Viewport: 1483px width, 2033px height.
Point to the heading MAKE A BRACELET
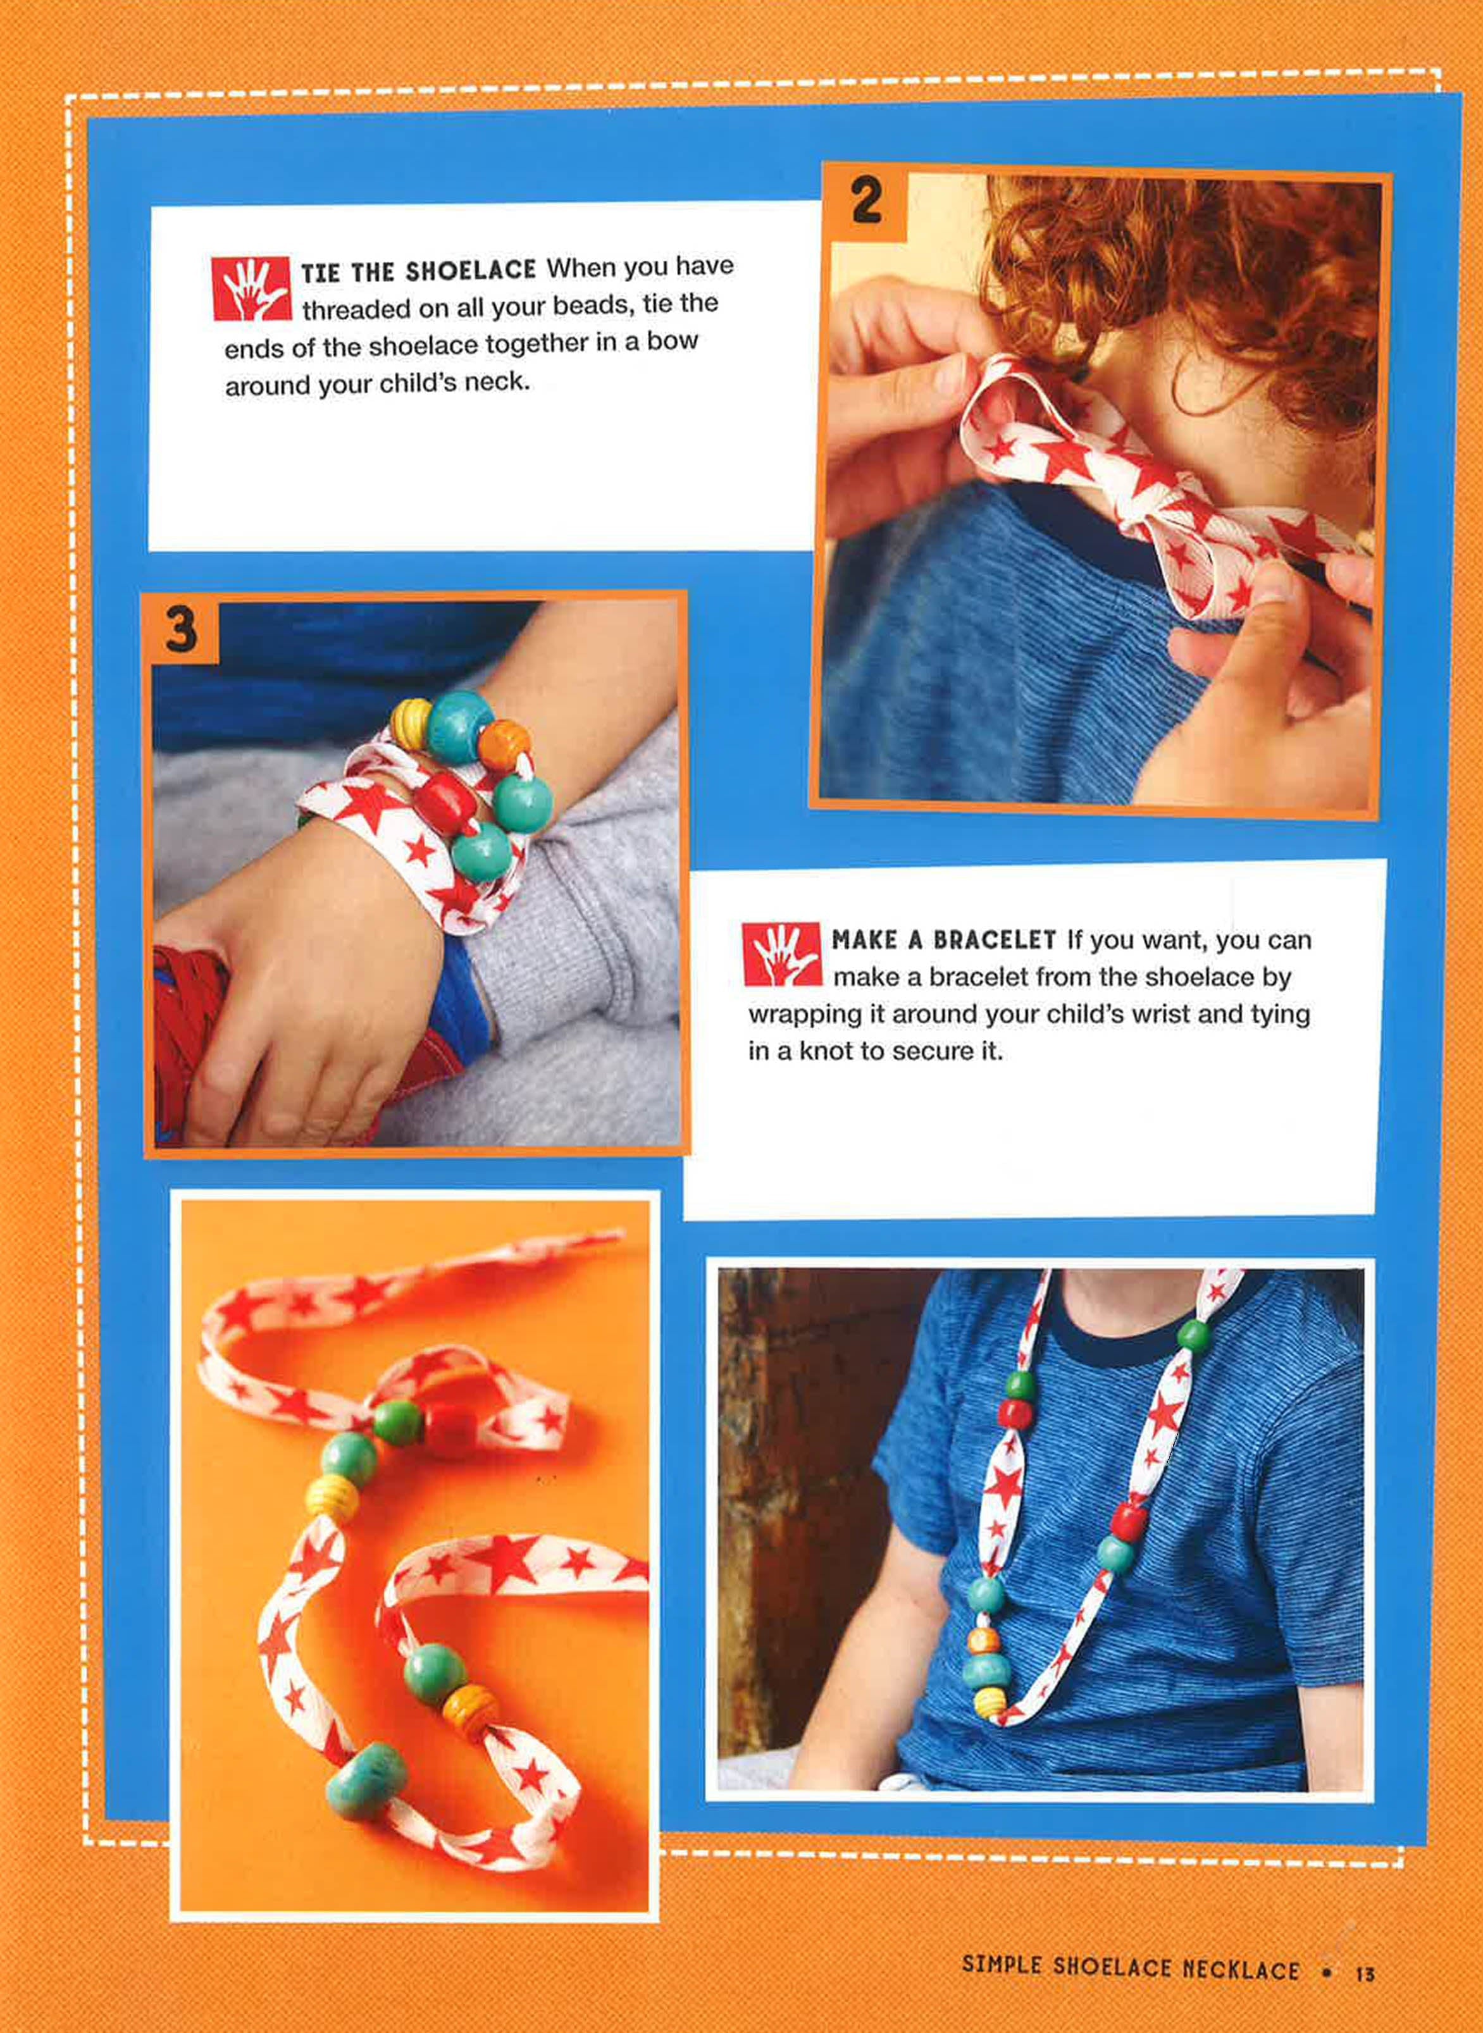pyautogui.click(x=943, y=941)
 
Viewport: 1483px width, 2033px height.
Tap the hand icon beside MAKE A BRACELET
pyautogui.click(x=780, y=954)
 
